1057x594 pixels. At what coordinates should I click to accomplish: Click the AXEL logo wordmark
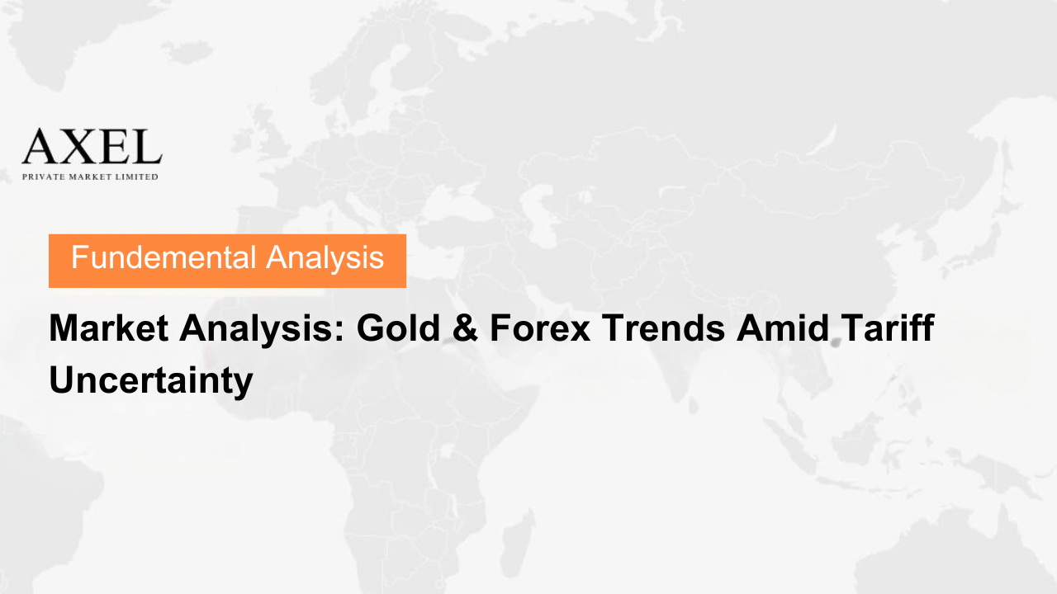click(92, 146)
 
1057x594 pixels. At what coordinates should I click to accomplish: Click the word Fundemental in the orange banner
click(164, 257)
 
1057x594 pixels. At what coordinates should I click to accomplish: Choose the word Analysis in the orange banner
click(325, 258)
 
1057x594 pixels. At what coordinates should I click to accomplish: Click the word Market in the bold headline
click(109, 328)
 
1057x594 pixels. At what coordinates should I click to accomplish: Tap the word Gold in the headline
click(399, 328)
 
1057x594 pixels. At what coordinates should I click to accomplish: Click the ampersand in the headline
click(465, 328)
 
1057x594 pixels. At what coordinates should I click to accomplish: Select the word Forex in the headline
click(540, 328)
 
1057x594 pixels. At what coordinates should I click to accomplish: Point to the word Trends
click(662, 328)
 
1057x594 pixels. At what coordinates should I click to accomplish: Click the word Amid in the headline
click(782, 328)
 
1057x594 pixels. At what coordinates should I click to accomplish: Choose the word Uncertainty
click(151, 381)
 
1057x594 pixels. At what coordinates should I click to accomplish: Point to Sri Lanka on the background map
click(693, 405)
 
